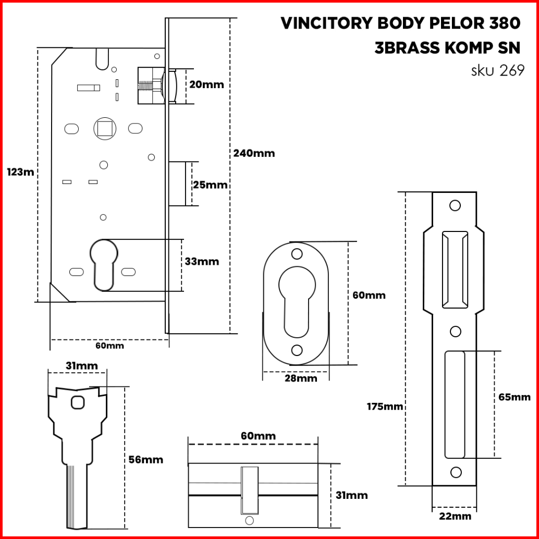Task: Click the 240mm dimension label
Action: tap(254, 153)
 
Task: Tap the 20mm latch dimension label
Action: tap(206, 84)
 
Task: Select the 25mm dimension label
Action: tap(210, 185)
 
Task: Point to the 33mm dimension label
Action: tap(202, 262)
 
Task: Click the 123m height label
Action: tap(21, 172)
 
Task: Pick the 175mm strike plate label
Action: tap(385, 407)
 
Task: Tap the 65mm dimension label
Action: tap(514, 397)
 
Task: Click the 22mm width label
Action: tap(455, 516)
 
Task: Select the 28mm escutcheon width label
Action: tap(301, 378)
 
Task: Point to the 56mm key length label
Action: tap(146, 460)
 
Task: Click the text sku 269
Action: tap(498, 70)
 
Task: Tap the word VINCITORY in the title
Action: tap(326, 23)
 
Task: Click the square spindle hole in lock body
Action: tap(104, 128)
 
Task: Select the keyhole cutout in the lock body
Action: tap(104, 265)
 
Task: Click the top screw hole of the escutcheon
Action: tap(297, 254)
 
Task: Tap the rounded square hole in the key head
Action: tap(78, 402)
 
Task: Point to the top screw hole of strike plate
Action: tap(455, 205)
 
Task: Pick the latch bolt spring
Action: tap(145, 86)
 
